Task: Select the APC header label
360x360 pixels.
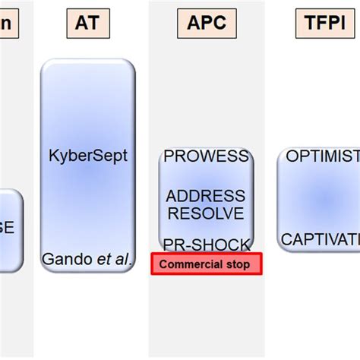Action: (x=207, y=24)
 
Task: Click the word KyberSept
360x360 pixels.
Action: (x=89, y=156)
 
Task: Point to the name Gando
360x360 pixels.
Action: (x=66, y=259)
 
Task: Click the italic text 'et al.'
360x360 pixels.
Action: (x=114, y=259)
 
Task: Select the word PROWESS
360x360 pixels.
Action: (x=207, y=156)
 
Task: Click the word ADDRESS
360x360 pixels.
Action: (x=207, y=196)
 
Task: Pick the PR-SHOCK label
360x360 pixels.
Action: (x=207, y=244)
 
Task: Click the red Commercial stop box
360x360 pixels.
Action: (x=207, y=264)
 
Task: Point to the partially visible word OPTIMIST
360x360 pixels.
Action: (x=322, y=156)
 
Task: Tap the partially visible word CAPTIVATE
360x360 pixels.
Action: (x=321, y=240)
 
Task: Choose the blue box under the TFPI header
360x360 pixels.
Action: (x=319, y=198)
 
